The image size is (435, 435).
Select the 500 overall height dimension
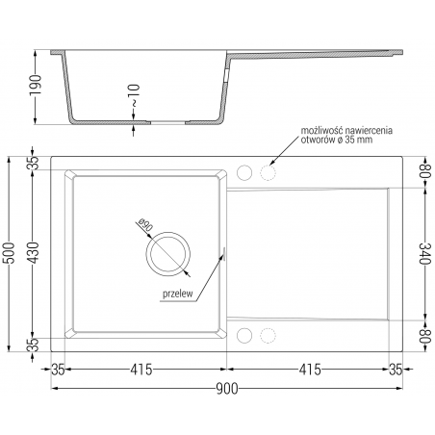pos(11,254)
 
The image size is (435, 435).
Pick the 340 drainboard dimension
pos(423,254)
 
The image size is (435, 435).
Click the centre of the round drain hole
pos(167,254)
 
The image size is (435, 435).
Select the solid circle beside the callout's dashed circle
pos(244,173)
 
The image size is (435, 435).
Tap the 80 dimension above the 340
pos(423,172)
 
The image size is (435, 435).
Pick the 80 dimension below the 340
pos(423,337)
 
